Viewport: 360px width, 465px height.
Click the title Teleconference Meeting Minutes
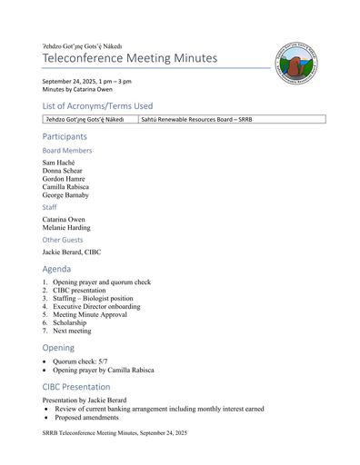(130, 58)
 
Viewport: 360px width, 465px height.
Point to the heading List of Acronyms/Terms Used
(97, 106)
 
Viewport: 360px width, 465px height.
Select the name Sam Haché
(60, 163)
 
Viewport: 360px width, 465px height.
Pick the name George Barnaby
(65, 195)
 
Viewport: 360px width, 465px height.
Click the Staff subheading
(50, 207)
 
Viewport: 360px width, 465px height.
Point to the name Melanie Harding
(66, 228)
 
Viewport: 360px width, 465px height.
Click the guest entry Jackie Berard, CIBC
(72, 251)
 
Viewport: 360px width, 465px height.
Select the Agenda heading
(56, 270)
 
